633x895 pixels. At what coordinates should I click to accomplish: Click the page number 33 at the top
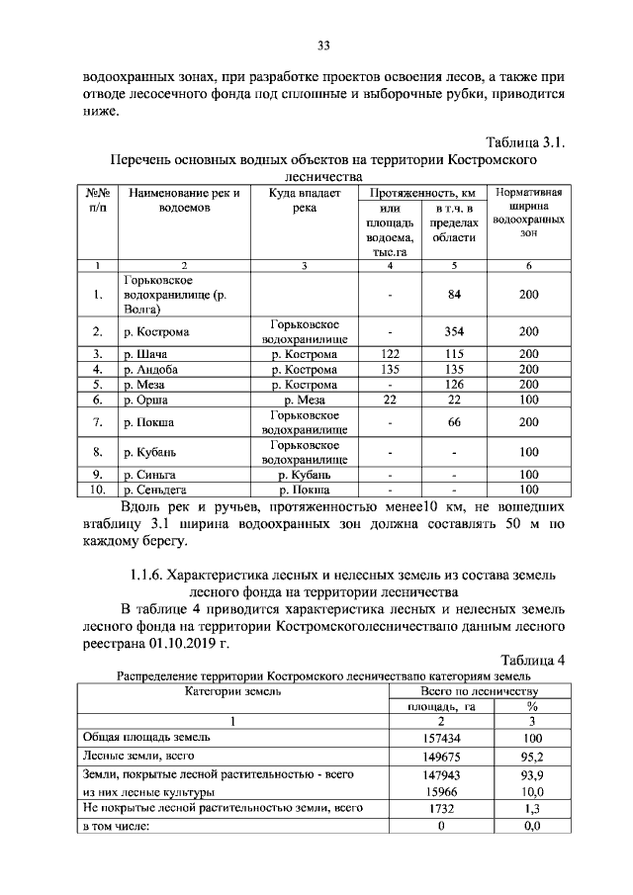[322, 44]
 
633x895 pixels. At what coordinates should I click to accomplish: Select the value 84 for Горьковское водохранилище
[455, 295]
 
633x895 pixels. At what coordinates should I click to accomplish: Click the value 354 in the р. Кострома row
[455, 331]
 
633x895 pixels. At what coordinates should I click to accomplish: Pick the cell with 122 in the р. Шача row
[390, 354]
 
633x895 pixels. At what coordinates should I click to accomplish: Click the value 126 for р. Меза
[455, 385]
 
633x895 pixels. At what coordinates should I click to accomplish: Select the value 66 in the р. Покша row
[455, 422]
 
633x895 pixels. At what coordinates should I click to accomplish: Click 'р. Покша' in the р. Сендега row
[305, 489]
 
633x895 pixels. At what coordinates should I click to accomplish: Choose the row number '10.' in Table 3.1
[97, 489]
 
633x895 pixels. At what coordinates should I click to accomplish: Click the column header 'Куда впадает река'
[305, 201]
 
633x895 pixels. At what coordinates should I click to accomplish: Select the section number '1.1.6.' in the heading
[145, 575]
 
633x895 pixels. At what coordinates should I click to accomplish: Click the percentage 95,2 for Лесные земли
[531, 757]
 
